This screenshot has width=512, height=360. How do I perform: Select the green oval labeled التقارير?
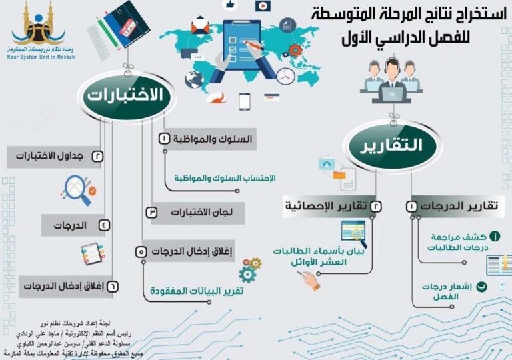tap(393, 146)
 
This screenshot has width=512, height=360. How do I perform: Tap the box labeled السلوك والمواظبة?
tap(208, 139)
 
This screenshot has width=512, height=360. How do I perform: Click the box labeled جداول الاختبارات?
tap(55, 157)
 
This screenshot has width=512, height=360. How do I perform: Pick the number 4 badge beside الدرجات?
tap(104, 225)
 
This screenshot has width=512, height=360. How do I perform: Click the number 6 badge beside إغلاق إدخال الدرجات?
tap(112, 287)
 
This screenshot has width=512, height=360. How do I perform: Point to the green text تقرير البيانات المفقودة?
tap(197, 291)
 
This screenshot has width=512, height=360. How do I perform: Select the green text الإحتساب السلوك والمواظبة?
tap(225, 179)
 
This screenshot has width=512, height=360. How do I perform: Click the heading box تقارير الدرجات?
tap(454, 207)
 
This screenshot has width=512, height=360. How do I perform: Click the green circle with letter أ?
tap(495, 236)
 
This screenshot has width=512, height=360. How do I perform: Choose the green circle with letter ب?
tap(481, 287)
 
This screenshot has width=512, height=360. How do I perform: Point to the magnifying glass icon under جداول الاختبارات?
tap(79, 190)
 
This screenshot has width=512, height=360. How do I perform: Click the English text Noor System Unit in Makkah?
tap(41, 57)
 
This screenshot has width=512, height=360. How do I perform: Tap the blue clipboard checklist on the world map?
tap(242, 45)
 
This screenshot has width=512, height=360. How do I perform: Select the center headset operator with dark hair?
tap(392, 82)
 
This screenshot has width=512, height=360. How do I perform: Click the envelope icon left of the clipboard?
tap(200, 25)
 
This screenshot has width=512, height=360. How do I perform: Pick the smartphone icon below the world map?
tap(245, 101)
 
